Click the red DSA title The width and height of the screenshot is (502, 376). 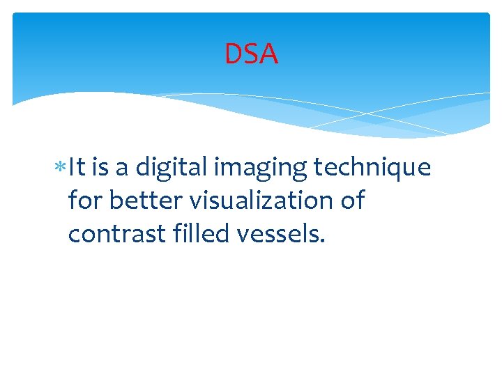(x=251, y=54)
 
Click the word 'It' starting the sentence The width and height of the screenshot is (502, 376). (x=77, y=168)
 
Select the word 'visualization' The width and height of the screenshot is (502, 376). (x=254, y=201)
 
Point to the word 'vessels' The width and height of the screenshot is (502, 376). (x=279, y=234)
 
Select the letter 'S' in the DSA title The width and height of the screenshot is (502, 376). (x=251, y=54)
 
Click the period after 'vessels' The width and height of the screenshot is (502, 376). (x=321, y=242)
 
